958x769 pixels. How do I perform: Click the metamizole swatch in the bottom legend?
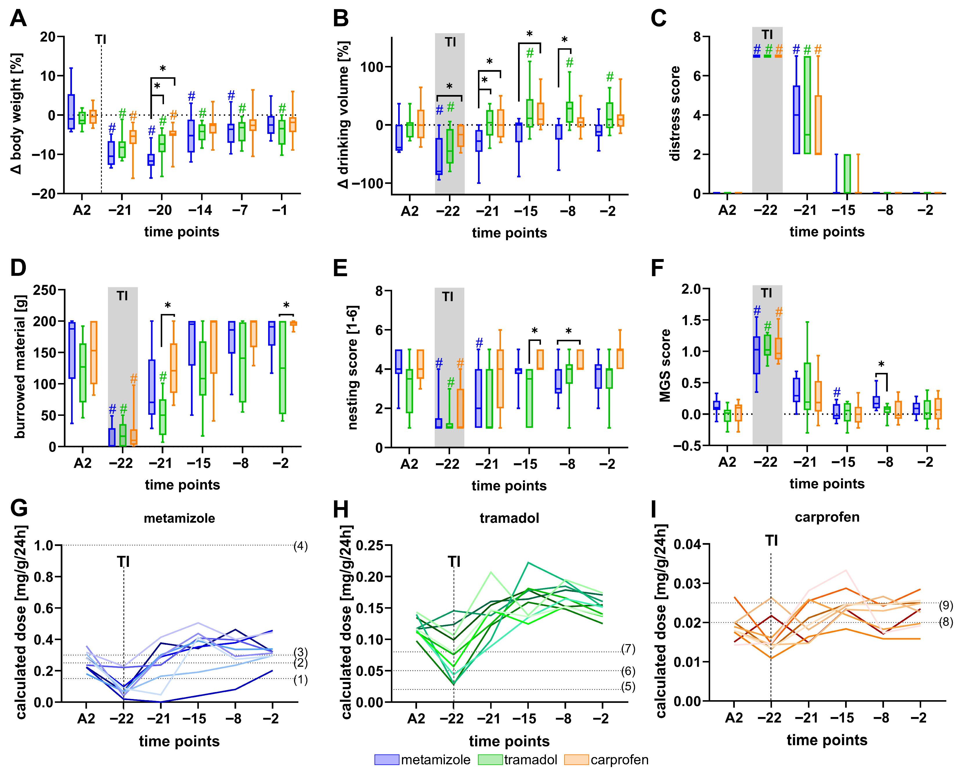(387, 760)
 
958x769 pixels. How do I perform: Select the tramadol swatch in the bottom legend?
(490, 760)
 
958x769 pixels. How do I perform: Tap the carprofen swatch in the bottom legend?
(576, 760)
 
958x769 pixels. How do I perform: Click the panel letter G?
(19, 508)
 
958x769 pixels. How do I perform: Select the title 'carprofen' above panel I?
(827, 517)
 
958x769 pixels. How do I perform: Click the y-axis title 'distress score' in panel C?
(675, 113)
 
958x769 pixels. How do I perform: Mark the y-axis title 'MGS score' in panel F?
(665, 365)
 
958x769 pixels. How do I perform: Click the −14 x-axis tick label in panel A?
(200, 210)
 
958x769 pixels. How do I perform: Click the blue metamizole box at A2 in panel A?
(71, 112)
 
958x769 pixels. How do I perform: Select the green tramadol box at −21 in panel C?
(807, 105)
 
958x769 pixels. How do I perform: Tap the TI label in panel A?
(101, 39)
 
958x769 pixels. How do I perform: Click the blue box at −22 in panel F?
(756, 355)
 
